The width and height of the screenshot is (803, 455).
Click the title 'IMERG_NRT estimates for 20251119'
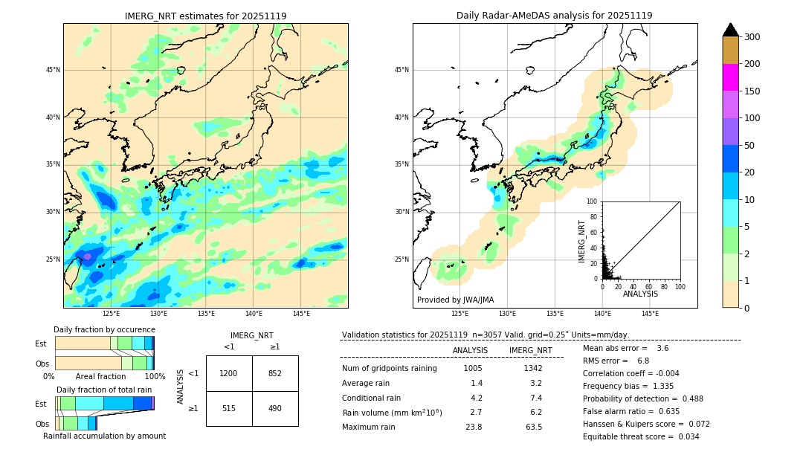205,16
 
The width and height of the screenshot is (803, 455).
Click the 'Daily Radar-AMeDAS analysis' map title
554,16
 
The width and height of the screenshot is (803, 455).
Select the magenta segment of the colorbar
730,77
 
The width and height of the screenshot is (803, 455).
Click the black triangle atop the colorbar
730,30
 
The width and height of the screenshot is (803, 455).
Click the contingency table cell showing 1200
229,373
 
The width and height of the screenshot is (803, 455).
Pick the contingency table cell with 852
275,373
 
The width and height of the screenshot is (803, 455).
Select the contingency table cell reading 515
229,409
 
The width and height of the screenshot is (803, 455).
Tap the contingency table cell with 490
275,409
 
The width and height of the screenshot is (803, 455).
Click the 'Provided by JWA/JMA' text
455,300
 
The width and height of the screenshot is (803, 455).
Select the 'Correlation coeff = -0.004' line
631,373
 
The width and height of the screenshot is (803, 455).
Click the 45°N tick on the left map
53,70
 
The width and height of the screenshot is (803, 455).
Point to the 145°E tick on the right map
650,314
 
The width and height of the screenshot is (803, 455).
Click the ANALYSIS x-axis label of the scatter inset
641,294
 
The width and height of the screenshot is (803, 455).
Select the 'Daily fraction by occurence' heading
104,329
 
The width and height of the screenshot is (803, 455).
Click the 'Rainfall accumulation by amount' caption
104,436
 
